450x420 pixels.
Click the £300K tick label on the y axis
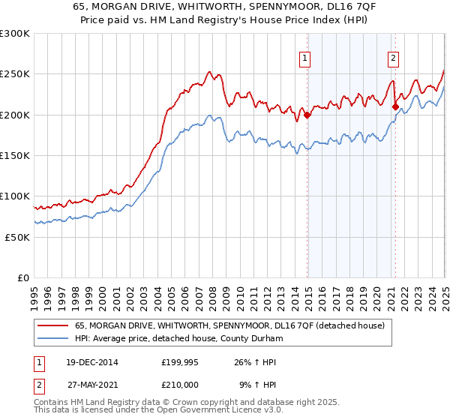tap(15, 34)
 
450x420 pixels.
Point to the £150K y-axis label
tap(15, 155)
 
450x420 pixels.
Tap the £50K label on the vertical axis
tap(18, 236)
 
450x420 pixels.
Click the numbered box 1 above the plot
tap(306, 59)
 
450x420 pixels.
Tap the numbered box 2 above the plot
tap(393, 59)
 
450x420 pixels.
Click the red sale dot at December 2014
tap(307, 115)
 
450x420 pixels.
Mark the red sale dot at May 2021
tap(395, 106)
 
